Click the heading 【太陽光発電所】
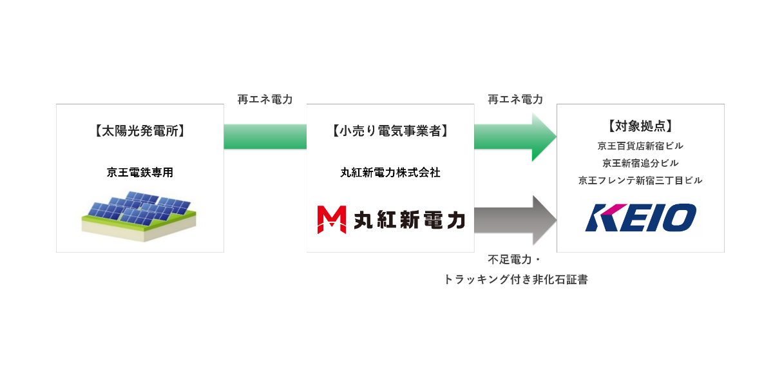(x=140, y=131)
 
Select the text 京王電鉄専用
(x=140, y=173)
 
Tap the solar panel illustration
(x=140, y=215)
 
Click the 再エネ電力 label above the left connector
(x=265, y=100)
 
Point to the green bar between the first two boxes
(x=265, y=137)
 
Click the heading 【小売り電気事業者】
(x=390, y=131)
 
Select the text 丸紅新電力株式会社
(x=390, y=173)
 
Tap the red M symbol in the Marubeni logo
(x=332, y=220)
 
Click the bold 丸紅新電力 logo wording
(x=409, y=220)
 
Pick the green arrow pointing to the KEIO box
(x=515, y=137)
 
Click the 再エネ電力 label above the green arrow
(x=515, y=100)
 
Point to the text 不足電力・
(x=515, y=260)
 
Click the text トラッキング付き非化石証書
(x=515, y=280)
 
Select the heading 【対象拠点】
(x=640, y=126)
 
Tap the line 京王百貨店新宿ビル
(x=640, y=146)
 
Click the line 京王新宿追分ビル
(x=640, y=163)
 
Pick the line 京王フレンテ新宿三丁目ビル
(x=640, y=180)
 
